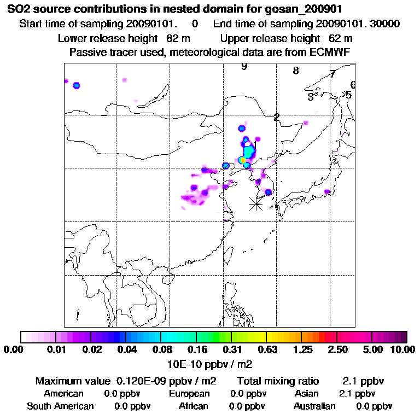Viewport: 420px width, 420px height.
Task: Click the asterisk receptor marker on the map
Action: click(256, 203)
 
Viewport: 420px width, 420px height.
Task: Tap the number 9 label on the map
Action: click(244, 67)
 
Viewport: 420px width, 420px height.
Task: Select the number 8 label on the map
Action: click(296, 71)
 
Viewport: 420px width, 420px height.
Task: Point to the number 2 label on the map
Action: click(277, 117)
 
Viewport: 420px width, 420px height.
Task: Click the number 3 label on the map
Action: click(310, 97)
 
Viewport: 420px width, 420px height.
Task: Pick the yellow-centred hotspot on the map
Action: click(243, 160)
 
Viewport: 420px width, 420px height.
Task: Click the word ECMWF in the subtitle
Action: click(331, 52)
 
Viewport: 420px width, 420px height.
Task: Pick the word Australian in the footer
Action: click(314, 406)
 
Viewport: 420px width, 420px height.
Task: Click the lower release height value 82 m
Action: click(177, 38)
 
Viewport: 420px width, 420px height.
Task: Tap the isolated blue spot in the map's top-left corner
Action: click(77, 85)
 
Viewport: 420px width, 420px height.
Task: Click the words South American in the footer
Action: click(60, 406)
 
